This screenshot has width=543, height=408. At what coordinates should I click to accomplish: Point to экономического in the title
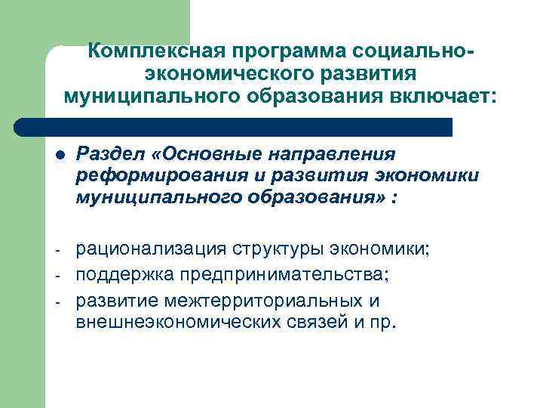pyautogui.click(x=215, y=74)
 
